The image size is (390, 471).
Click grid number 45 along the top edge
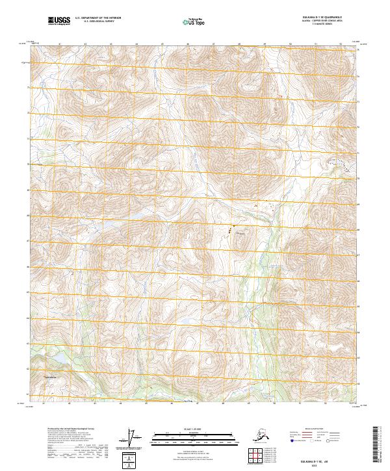pos(161,44)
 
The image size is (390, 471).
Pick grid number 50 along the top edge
pos(290,44)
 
